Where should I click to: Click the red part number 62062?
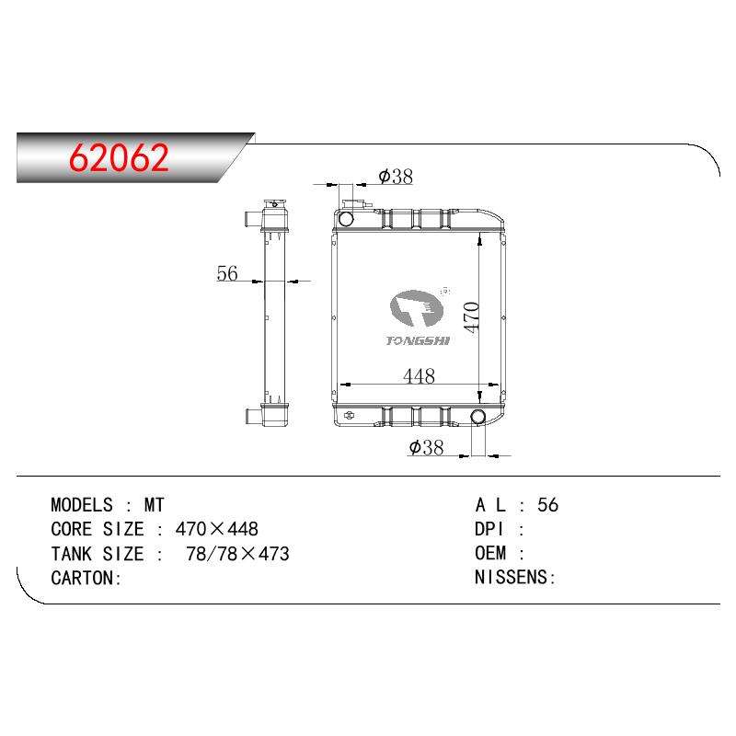point(119,157)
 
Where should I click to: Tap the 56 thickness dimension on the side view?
point(227,273)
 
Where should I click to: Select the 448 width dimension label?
point(419,375)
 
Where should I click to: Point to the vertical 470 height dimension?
point(471,317)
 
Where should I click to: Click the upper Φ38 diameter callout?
point(396,177)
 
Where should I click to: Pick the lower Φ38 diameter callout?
point(426,447)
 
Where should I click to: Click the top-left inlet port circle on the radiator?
point(346,218)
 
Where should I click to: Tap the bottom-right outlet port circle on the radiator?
point(477,417)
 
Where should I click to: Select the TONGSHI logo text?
point(418,340)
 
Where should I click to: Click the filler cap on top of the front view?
point(355,204)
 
